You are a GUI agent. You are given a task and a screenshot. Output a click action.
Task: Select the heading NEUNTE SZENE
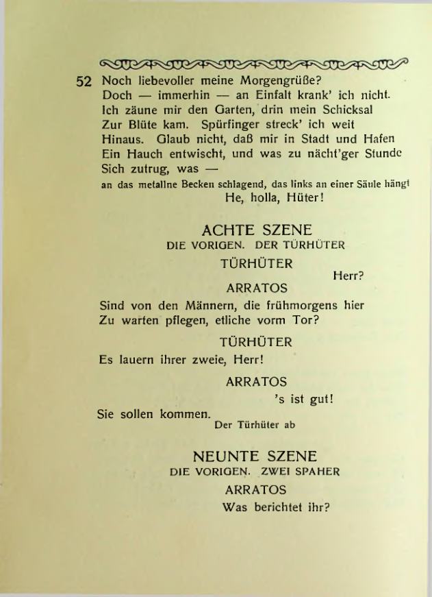255,456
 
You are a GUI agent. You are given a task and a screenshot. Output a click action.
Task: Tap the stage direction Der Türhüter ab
255,425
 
